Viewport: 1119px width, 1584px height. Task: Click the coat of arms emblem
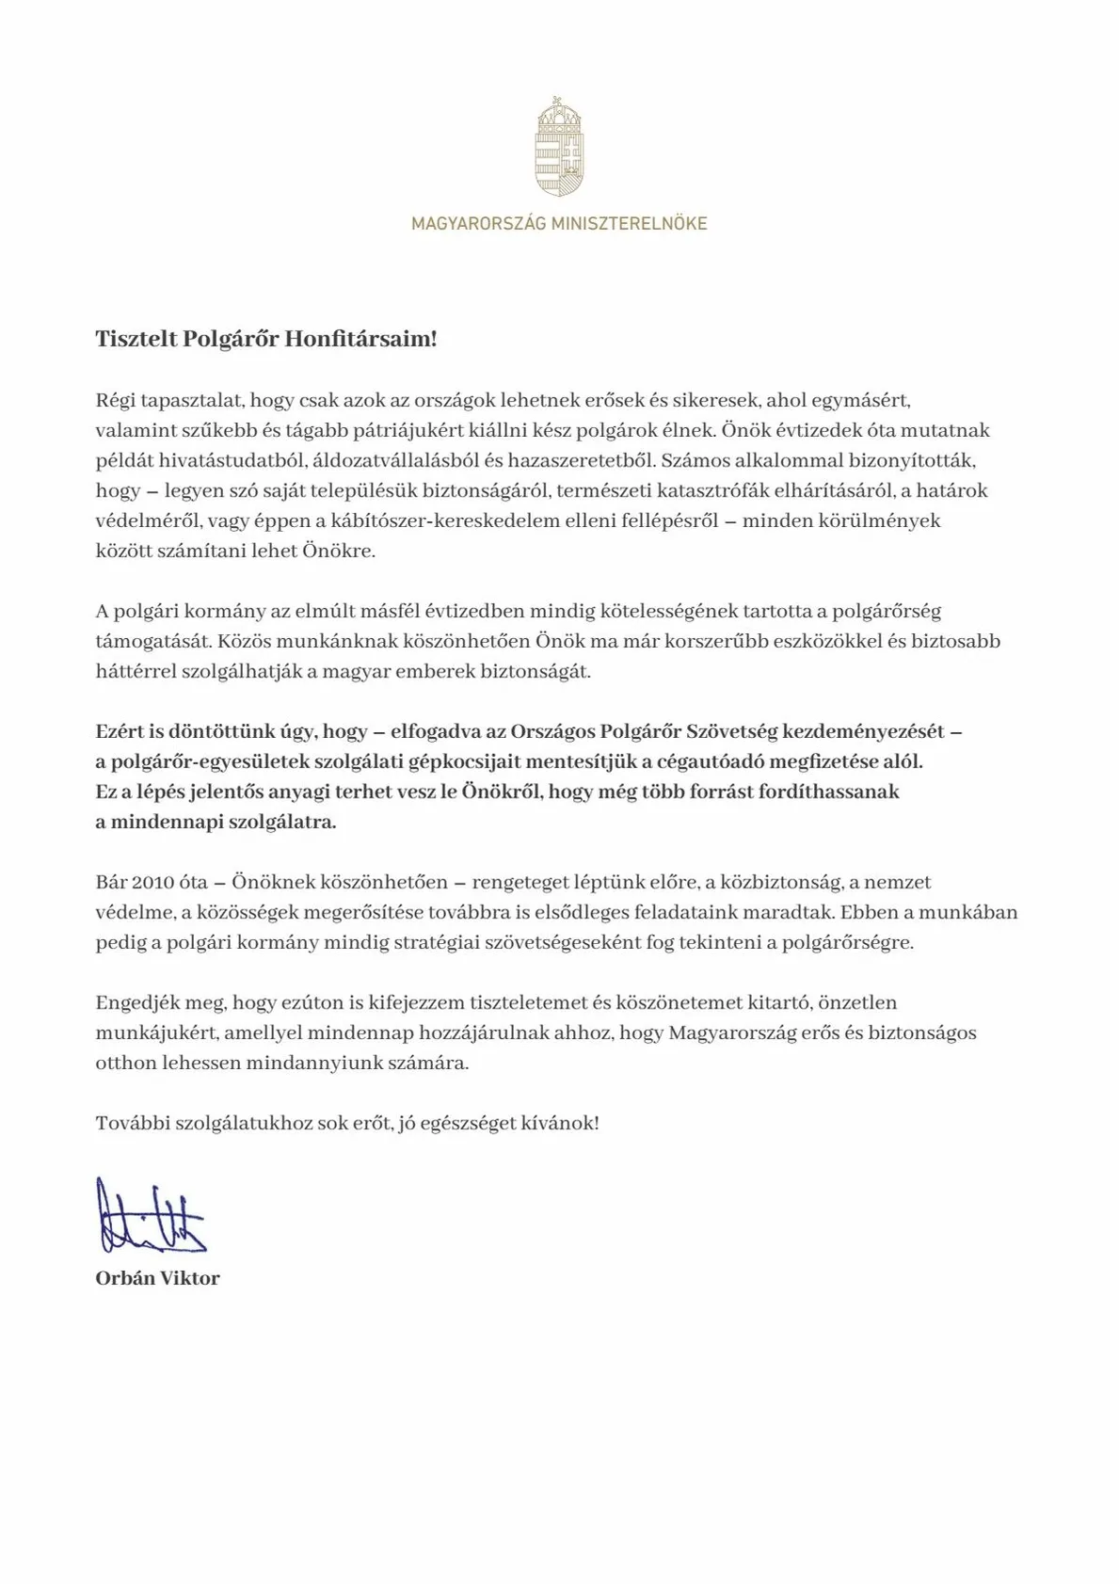(x=559, y=148)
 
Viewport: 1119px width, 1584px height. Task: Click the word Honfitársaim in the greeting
(x=361, y=339)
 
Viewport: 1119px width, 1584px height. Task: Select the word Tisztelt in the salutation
(x=136, y=339)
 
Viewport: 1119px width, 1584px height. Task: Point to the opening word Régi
(x=115, y=400)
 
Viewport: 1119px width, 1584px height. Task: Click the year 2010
(x=154, y=882)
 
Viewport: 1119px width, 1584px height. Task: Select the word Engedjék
(x=133, y=1002)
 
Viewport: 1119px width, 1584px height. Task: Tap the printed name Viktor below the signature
(x=191, y=1278)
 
